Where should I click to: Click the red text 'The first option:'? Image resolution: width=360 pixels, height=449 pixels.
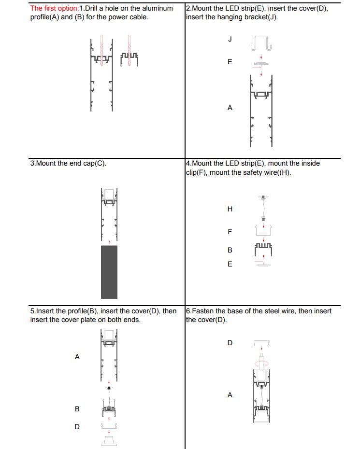(x=54, y=8)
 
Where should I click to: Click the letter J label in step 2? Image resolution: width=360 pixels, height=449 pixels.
(x=230, y=39)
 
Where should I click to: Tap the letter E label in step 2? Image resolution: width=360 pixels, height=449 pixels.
(x=230, y=62)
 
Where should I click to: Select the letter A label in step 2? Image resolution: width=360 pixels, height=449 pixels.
(x=230, y=108)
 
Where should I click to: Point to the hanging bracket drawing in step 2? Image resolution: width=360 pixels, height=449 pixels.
(x=261, y=43)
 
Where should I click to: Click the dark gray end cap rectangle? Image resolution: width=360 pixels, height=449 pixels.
(x=109, y=272)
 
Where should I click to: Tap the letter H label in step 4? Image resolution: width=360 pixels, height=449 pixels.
(x=230, y=209)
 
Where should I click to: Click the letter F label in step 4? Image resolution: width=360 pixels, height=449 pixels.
(x=230, y=232)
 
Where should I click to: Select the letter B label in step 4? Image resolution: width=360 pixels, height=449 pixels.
(x=230, y=250)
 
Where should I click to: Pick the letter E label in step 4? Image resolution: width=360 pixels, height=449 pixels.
(x=230, y=264)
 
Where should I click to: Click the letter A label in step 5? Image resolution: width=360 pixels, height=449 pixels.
(x=77, y=357)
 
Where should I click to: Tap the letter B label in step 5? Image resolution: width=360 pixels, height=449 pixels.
(x=77, y=409)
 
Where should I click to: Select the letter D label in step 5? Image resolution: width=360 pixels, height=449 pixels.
(x=77, y=427)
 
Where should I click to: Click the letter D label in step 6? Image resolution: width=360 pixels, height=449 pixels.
(x=230, y=343)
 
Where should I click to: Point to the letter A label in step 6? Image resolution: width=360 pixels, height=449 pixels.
(x=230, y=395)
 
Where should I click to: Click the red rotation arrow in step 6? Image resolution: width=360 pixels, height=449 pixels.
(x=261, y=363)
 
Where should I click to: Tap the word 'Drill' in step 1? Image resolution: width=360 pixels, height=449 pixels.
(x=93, y=8)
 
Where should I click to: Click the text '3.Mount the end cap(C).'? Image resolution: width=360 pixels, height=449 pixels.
(x=68, y=163)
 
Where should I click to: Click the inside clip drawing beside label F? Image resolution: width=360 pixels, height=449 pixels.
(x=263, y=230)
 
